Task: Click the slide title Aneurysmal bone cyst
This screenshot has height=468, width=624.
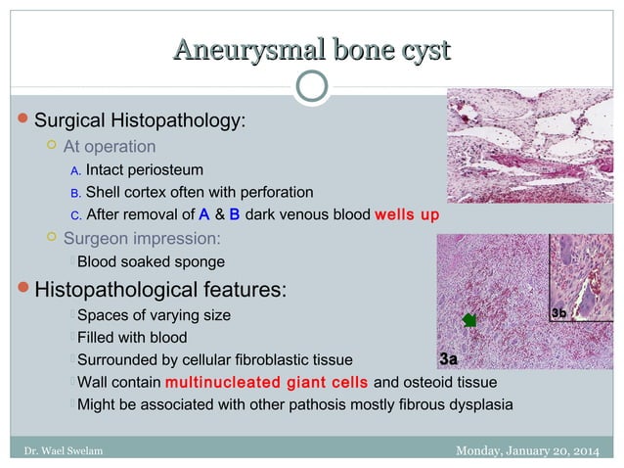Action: point(311,48)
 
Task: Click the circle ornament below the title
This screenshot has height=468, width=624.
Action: point(311,85)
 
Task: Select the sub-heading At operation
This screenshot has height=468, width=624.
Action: point(109,147)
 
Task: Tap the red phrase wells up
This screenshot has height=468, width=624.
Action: point(407,213)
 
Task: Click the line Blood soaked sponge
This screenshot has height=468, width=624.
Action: point(151,261)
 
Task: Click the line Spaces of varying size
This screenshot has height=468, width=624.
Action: point(155,315)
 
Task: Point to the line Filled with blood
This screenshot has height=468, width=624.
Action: point(131,337)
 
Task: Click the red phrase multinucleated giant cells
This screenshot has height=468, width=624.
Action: point(267,381)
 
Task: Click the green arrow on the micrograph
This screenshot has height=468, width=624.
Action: point(469,319)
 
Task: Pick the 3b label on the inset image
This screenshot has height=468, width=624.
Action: point(558,311)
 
